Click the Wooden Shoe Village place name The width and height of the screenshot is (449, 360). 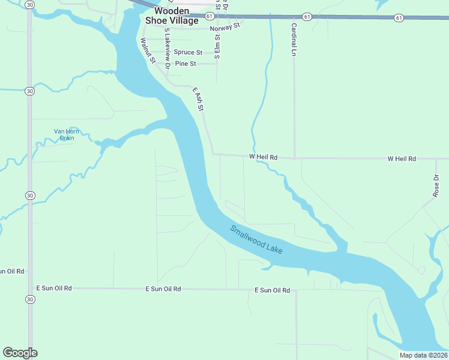[x=171, y=16]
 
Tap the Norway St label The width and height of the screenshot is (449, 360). [x=224, y=28]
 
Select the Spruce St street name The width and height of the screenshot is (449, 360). [x=188, y=52]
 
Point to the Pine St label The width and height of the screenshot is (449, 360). [x=185, y=64]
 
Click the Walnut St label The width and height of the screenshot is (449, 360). [x=148, y=51]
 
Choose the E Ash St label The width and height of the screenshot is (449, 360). [x=199, y=99]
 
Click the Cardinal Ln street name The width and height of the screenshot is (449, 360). [x=294, y=40]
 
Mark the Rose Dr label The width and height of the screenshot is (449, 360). [x=436, y=186]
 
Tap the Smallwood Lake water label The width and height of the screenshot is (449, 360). [x=256, y=239]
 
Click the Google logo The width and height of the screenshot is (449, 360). [x=20, y=353]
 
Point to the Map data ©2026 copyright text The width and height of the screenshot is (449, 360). [x=423, y=355]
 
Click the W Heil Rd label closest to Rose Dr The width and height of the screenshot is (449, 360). [x=402, y=159]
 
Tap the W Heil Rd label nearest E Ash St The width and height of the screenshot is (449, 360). [x=264, y=157]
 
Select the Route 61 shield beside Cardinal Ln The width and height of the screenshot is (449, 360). [x=307, y=17]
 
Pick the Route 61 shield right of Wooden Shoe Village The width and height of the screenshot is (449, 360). [x=208, y=16]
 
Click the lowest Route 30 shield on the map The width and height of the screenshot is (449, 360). [x=29, y=299]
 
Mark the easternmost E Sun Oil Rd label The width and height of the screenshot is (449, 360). [x=273, y=290]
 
